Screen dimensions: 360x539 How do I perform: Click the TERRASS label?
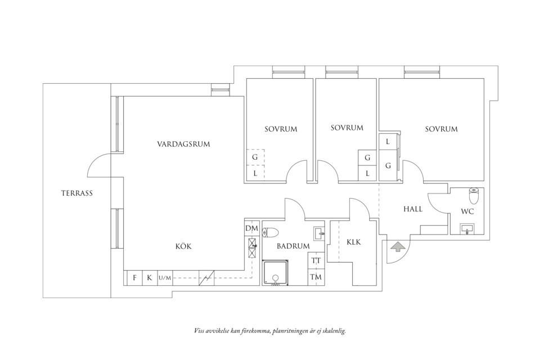(x=77, y=193)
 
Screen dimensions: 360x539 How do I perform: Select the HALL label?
(x=413, y=209)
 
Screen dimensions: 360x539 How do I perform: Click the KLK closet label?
(x=353, y=242)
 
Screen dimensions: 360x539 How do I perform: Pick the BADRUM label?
(x=293, y=246)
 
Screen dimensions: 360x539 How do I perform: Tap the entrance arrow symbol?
(x=397, y=246)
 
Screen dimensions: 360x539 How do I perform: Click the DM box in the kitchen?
(x=251, y=228)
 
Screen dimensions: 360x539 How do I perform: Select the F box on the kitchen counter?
(x=135, y=277)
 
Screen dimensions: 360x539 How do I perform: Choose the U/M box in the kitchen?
(x=164, y=277)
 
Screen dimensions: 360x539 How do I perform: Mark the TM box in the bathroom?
(x=316, y=277)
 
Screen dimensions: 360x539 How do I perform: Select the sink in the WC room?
(x=466, y=228)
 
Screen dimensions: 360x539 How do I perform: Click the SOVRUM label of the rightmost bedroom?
(x=441, y=129)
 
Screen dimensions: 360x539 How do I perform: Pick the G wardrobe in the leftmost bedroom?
(x=255, y=157)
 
